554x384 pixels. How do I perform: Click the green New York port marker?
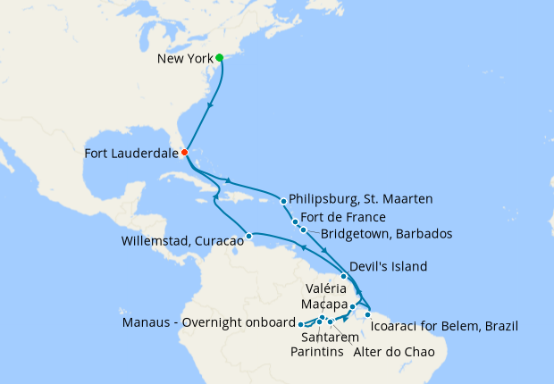pos(220,57)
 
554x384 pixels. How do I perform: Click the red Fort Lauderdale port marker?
pos(185,153)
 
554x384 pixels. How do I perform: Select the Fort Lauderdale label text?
pos(131,154)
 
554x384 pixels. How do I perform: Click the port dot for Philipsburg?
pos(284,200)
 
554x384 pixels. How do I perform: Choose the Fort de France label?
pos(344,217)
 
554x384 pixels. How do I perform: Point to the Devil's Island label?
pos(390,266)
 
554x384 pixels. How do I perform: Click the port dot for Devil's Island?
pos(344,277)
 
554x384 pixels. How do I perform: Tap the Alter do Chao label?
pos(390,352)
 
